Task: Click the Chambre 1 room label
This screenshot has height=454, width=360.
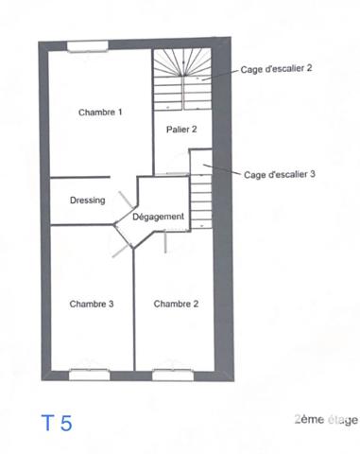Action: point(100,113)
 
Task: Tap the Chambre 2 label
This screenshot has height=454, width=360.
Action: point(176,304)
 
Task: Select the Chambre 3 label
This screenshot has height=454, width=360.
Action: point(92,304)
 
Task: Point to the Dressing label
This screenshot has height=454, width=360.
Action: point(87,201)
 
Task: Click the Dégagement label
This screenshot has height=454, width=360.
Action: point(158,217)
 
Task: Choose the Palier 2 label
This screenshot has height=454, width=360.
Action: point(181,129)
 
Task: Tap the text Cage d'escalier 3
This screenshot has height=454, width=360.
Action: point(280,174)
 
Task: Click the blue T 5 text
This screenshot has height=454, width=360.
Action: point(56,422)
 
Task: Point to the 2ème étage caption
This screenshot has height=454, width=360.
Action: point(326,419)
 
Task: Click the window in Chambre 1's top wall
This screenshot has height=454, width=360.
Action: point(86,42)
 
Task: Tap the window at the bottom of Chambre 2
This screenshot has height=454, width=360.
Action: point(172,373)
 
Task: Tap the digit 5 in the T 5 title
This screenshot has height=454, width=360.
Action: point(65,422)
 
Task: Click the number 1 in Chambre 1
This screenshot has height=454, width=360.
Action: point(120,113)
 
